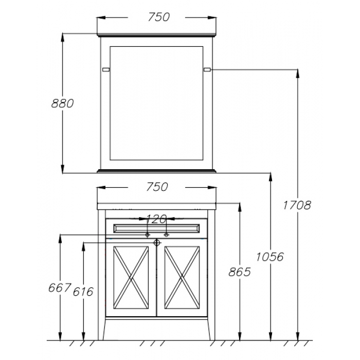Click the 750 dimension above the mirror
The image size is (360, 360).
pos(158,17)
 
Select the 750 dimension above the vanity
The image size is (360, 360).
pos(157,187)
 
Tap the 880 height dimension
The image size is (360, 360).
pos(62,103)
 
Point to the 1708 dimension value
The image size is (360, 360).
pos(297,205)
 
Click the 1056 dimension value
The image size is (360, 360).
pos(270,257)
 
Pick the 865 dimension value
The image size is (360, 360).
pos(240,272)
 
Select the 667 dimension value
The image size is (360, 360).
pos(59,287)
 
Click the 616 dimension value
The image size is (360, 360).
pos(83,292)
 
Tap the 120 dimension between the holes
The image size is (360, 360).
pos(156,219)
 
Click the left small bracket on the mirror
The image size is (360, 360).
pos(106,69)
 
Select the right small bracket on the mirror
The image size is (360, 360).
pos(207,69)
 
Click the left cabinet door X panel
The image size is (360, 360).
pos(131,278)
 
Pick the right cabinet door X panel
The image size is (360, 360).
pos(182,278)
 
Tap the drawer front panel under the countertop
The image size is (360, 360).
pos(156,228)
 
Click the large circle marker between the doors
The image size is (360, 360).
pos(157,242)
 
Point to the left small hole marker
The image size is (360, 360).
pos(148,235)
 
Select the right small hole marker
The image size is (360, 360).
pos(167,235)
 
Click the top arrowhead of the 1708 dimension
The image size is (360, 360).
pos(298,74)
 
